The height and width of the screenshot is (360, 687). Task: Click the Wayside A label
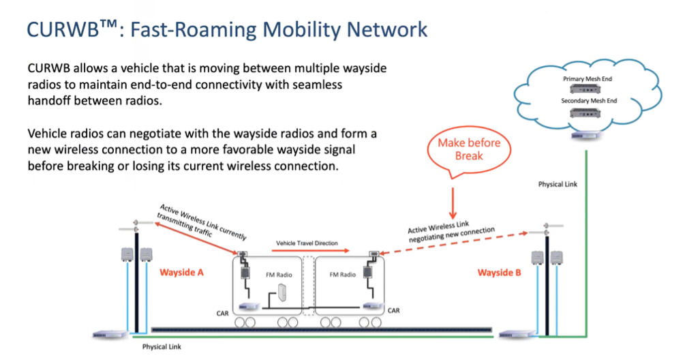[181, 272]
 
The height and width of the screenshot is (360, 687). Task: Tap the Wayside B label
[499, 273]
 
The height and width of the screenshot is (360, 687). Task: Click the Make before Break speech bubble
[469, 151]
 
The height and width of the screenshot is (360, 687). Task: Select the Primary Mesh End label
[587, 79]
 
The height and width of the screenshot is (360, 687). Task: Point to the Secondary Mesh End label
[588, 101]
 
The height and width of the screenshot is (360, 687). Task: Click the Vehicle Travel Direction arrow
[310, 251]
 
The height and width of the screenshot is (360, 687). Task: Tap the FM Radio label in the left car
[279, 275]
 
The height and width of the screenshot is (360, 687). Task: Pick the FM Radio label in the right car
[343, 275]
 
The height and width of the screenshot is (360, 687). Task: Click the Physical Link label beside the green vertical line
[558, 185]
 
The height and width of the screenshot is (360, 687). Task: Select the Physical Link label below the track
[162, 347]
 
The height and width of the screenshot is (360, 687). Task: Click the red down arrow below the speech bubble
[453, 203]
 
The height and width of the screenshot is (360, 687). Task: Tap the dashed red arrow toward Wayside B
[453, 243]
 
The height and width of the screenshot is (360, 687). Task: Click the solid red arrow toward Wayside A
[196, 238]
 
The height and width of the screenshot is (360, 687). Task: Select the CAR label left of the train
[222, 314]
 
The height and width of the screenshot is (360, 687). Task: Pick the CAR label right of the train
[393, 310]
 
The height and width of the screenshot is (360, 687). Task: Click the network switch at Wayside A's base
[110, 335]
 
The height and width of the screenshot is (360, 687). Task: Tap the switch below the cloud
[586, 136]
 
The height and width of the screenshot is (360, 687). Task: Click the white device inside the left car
[281, 292]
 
